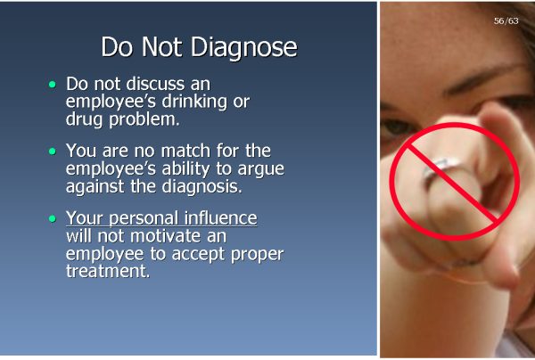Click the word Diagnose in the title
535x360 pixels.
point(244,47)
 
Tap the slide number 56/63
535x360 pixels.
point(506,20)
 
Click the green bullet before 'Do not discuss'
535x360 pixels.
point(53,84)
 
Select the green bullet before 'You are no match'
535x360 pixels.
point(53,151)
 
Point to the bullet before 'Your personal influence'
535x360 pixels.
point(53,218)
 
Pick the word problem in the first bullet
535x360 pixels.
point(144,119)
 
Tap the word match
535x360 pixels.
point(185,151)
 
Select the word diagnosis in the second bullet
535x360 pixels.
point(202,186)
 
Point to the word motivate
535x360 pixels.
point(165,236)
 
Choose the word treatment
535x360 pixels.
point(108,272)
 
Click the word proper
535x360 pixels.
point(257,254)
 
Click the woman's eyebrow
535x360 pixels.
point(484,78)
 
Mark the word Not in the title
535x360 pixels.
point(161,47)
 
